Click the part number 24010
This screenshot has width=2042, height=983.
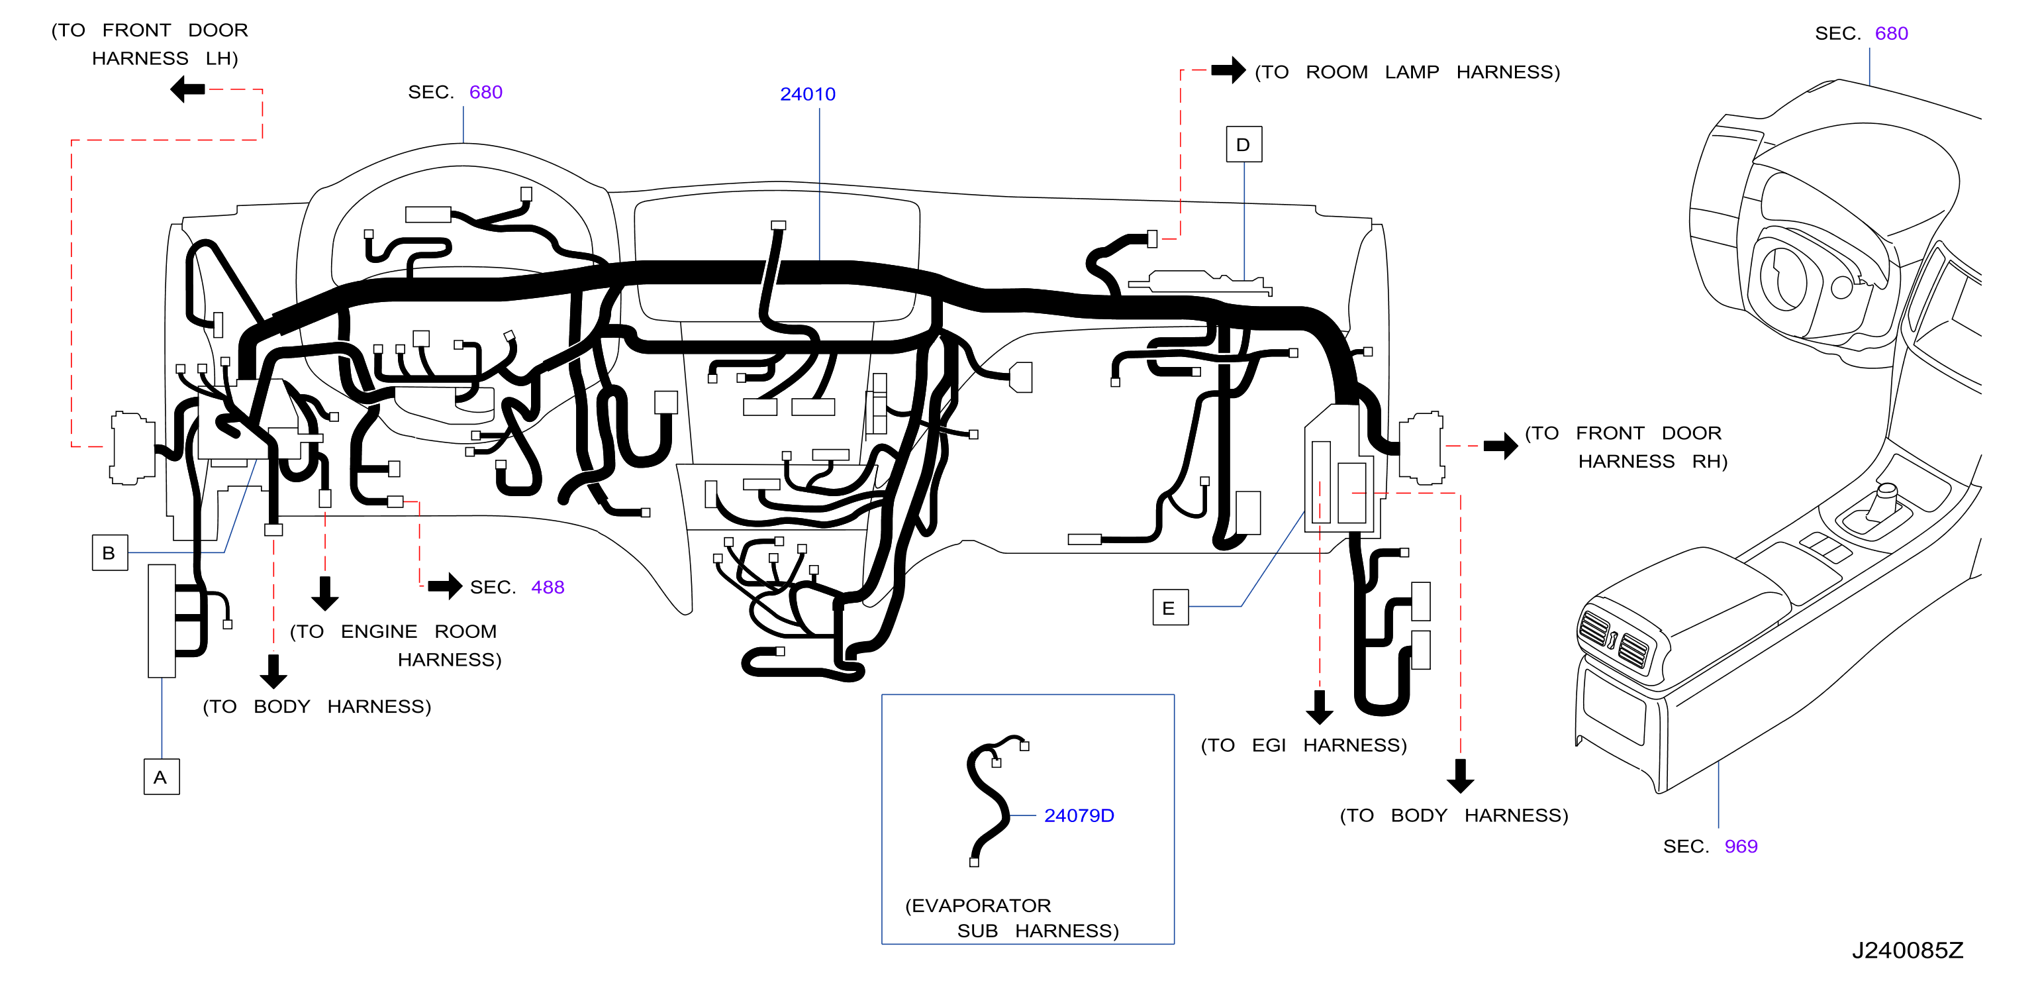(807, 93)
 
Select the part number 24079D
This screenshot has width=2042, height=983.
(1078, 815)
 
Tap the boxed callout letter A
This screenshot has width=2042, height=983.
(161, 777)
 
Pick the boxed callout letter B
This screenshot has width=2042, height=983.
(109, 552)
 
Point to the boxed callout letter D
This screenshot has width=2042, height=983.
(1243, 144)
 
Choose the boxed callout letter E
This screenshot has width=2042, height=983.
(1170, 607)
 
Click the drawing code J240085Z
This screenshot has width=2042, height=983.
(1907, 950)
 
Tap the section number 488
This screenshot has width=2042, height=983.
(548, 587)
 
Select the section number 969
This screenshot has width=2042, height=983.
(1741, 846)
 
